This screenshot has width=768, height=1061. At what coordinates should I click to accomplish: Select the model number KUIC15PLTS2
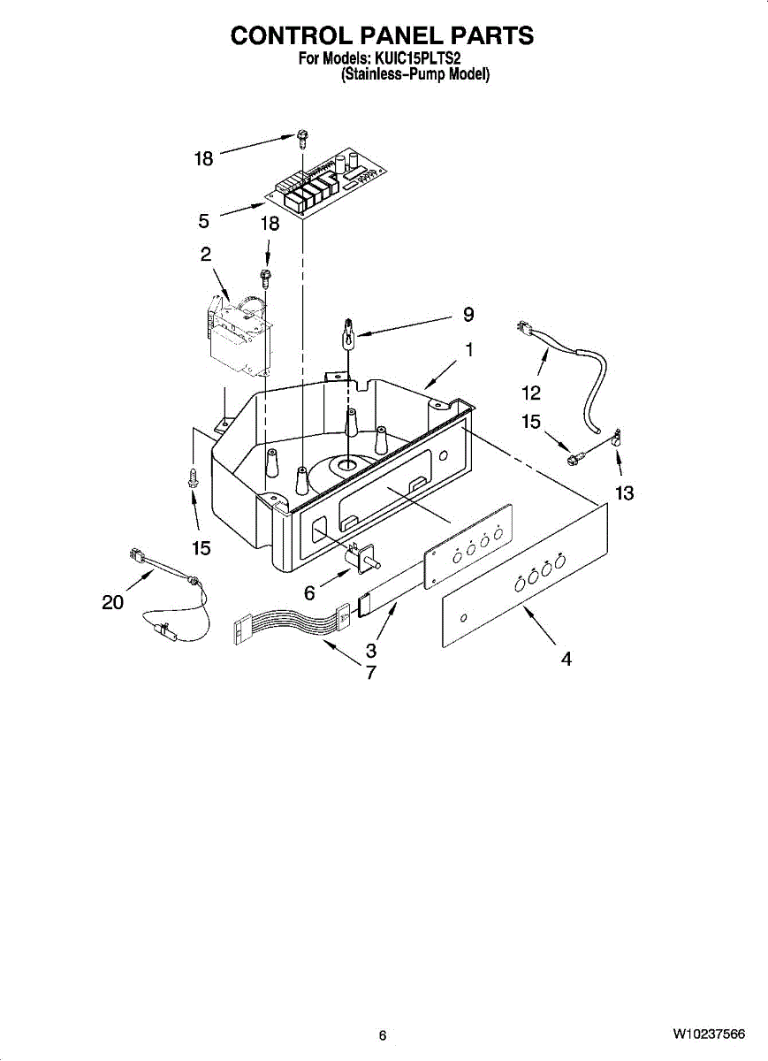(414, 59)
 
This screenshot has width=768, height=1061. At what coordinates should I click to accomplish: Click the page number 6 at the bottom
(383, 1035)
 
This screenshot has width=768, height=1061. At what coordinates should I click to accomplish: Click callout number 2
(205, 255)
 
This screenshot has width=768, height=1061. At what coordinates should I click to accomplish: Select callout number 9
(468, 314)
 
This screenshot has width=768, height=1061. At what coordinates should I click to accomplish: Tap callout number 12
(531, 393)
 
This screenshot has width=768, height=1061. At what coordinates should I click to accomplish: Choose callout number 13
(624, 493)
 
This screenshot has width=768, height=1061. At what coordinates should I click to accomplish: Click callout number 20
(111, 603)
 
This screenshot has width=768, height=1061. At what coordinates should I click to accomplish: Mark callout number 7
(371, 672)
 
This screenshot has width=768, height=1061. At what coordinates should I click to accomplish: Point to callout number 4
(566, 659)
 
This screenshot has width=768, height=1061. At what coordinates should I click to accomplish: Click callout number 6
(309, 594)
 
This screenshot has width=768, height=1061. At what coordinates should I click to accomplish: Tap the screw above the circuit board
(302, 137)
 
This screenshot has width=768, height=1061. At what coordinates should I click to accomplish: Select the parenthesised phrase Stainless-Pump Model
(415, 75)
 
